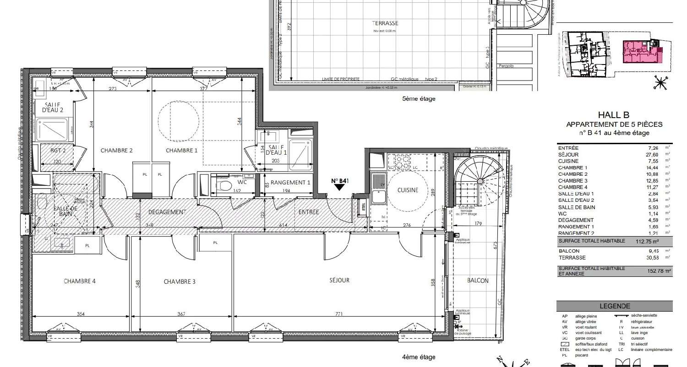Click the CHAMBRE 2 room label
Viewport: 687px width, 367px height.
tap(116, 151)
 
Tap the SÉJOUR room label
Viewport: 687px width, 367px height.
tap(339, 280)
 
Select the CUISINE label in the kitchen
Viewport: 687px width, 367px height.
tap(408, 190)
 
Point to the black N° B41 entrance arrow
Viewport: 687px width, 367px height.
tap(340, 186)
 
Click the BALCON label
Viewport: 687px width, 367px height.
tap(478, 281)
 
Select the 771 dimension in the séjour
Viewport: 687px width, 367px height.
tap(339, 314)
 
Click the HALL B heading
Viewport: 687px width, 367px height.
tap(614, 116)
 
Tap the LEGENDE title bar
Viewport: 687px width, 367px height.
tap(614, 307)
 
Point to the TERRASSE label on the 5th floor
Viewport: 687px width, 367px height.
tap(384, 23)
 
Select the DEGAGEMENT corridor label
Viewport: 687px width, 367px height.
tap(167, 212)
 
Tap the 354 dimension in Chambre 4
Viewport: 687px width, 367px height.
tap(81, 314)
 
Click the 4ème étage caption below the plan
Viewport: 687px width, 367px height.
tap(419, 357)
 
